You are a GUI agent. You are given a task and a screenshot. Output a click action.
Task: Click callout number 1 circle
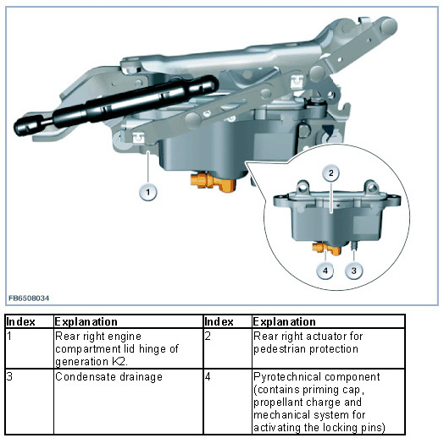pos(147,193)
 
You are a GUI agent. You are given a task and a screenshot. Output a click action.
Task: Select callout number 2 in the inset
pos(330,173)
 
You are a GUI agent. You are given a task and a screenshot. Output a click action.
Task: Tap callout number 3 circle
pos(353,271)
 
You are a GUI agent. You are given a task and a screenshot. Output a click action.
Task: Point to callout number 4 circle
pos(325,271)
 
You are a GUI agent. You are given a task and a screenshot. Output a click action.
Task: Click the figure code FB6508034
pos(29,298)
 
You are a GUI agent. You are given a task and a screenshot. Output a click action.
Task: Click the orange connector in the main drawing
pos(213,182)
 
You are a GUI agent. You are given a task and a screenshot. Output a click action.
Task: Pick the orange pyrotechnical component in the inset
pos(327,248)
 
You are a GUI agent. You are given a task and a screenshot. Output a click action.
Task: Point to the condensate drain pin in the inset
pos(354,244)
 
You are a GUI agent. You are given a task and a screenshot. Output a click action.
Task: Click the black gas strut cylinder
pos(136,101)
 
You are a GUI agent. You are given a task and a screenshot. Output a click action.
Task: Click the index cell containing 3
pos(30,402)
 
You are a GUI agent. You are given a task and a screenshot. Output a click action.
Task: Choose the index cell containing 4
pos(227,402)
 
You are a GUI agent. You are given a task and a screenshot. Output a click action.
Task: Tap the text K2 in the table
pos(119,361)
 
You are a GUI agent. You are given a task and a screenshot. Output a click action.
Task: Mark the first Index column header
pos(20,322)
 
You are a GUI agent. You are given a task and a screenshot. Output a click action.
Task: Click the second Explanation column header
pos(285,322)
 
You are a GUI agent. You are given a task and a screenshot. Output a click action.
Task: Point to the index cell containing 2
pos(227,348)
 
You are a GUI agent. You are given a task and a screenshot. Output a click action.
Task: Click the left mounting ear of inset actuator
pos(303,187)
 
